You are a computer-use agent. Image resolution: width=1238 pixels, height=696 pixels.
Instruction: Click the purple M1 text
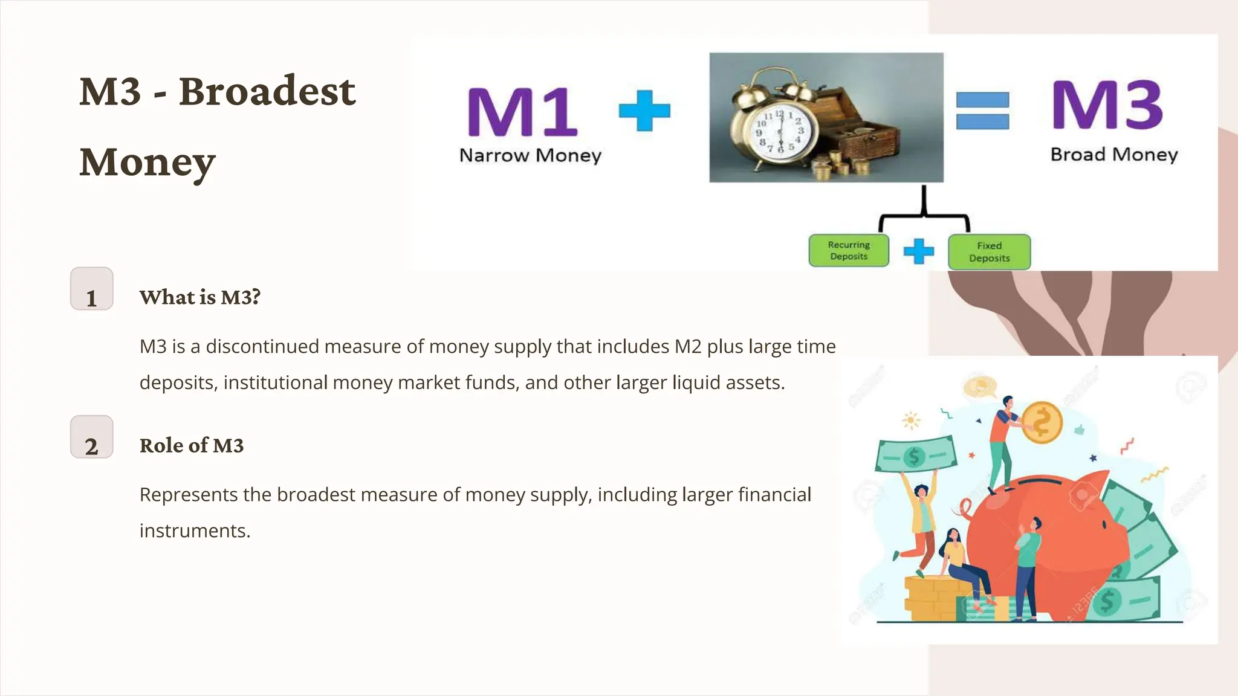522,112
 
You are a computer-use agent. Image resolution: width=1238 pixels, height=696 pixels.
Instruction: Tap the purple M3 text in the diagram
1106,105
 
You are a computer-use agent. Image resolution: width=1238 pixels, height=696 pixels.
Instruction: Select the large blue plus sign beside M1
644,111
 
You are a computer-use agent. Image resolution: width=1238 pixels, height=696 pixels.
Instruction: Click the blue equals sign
982,111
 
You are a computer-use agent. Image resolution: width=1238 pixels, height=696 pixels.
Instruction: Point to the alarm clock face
779,130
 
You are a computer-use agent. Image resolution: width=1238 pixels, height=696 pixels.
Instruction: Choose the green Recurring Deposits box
849,251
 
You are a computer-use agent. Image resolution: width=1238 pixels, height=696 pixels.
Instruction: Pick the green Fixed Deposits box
989,252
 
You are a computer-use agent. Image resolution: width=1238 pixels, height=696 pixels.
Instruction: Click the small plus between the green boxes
918,251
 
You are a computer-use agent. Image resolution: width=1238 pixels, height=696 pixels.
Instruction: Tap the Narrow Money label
530,155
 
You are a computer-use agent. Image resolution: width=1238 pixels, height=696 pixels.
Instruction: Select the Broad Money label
1114,155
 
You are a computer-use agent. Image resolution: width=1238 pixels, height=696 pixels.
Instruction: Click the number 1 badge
92,289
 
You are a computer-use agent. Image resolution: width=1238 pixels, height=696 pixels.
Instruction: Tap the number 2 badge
92,437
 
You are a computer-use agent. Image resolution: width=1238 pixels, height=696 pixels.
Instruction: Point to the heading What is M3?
199,297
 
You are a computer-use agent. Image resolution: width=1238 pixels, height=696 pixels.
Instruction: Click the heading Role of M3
192,445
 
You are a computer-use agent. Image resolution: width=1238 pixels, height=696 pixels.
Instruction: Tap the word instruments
194,530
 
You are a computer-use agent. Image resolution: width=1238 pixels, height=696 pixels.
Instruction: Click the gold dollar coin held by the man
1042,422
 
